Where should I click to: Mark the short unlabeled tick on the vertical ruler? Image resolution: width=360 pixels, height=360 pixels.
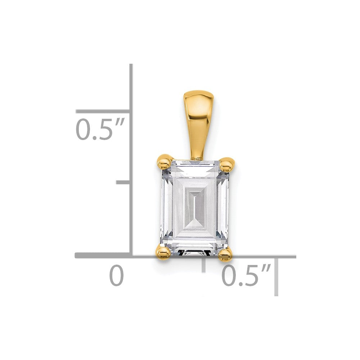point(123,183)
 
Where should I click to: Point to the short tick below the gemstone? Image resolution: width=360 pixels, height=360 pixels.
point(204,265)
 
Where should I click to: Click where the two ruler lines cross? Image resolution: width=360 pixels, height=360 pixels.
point(131,256)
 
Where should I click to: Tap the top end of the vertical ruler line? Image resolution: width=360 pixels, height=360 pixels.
point(131,66)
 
